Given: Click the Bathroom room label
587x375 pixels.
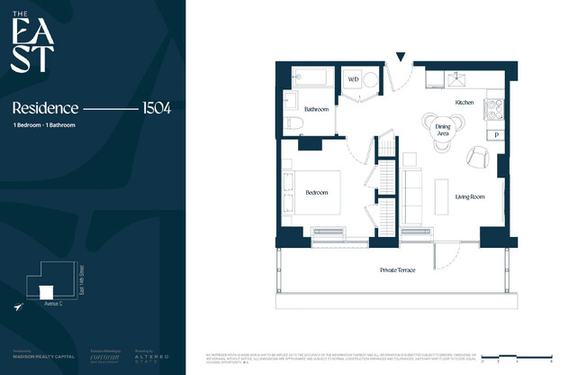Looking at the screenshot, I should [x=316, y=109].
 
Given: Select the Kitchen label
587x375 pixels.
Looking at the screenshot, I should [x=464, y=103].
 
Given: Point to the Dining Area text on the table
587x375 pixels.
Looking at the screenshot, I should [x=442, y=129].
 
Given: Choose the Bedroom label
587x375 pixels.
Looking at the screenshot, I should [x=315, y=192].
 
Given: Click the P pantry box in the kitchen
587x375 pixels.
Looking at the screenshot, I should [x=497, y=134].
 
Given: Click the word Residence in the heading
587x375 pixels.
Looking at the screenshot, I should [x=45, y=107].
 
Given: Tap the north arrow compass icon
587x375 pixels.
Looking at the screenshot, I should [x=18, y=307].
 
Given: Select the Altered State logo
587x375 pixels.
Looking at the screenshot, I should [x=151, y=357].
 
